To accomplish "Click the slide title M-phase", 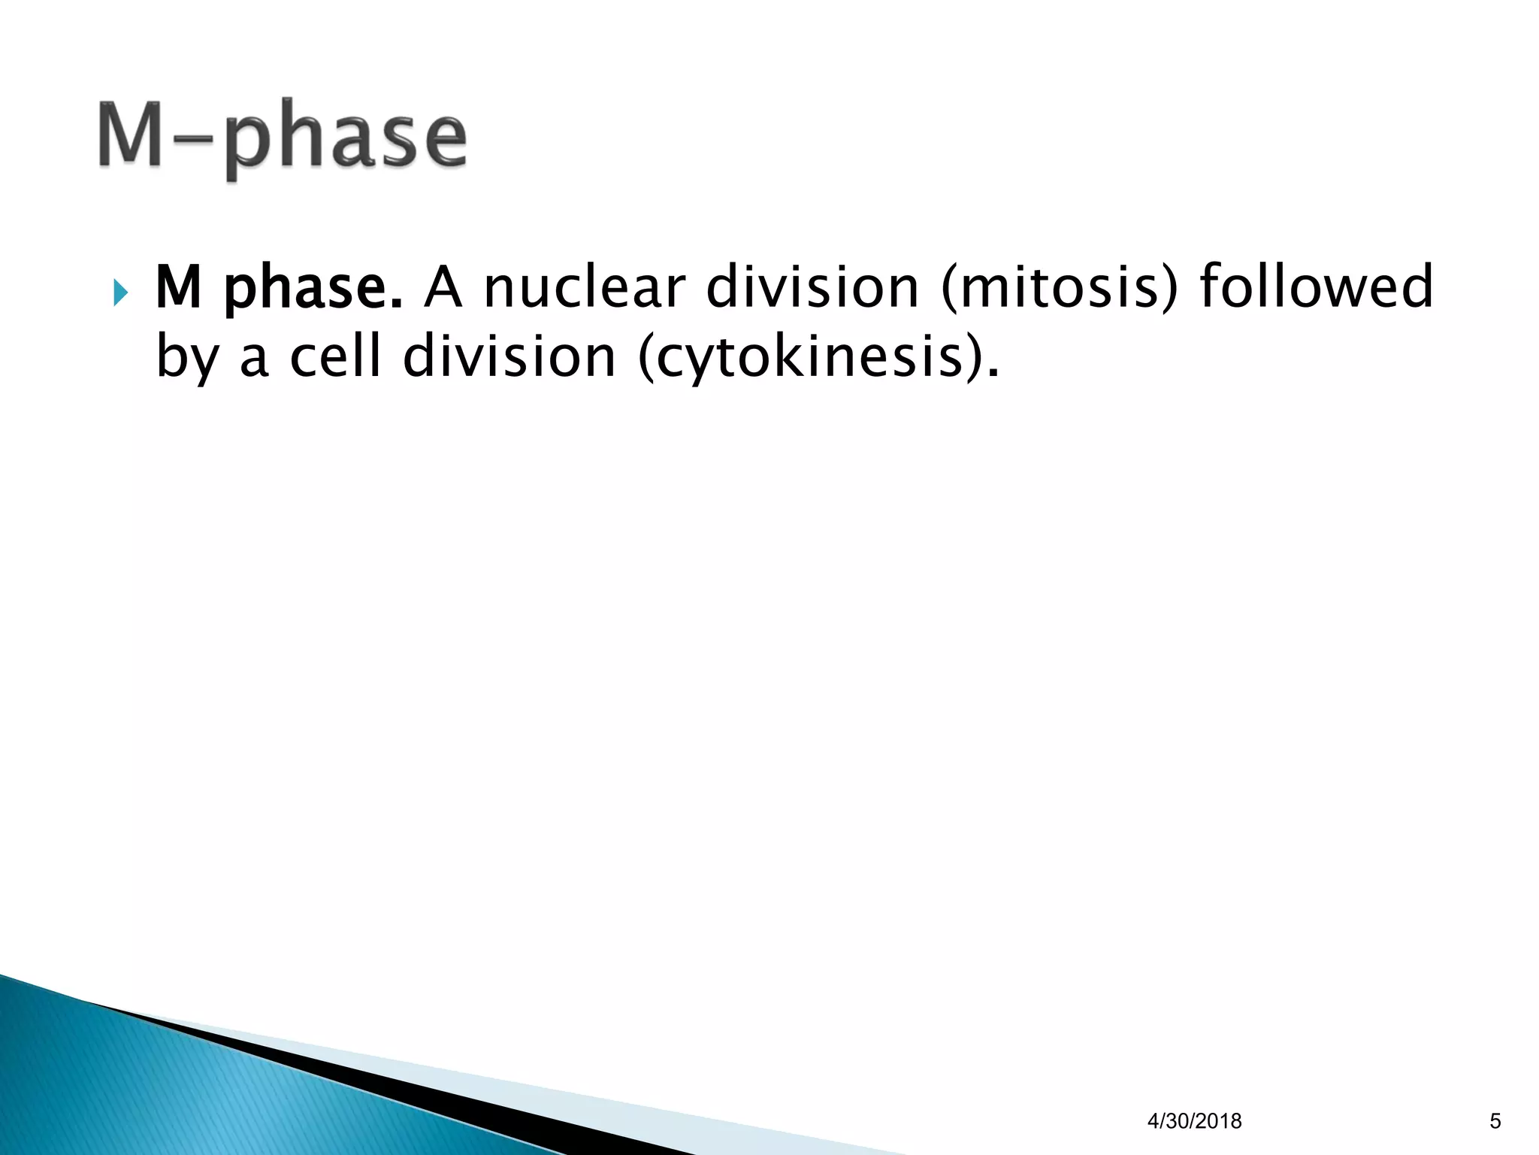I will [282, 139].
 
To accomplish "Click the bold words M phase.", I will [278, 289].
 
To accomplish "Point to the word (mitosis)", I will [1060, 289].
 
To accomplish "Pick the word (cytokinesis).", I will [818, 358].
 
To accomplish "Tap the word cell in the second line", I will [335, 356].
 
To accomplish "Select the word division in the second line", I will [509, 356].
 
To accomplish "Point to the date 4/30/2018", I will [1194, 1121].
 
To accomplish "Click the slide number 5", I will [1495, 1121].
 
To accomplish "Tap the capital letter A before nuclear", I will [443, 287].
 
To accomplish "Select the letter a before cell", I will [253, 359].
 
